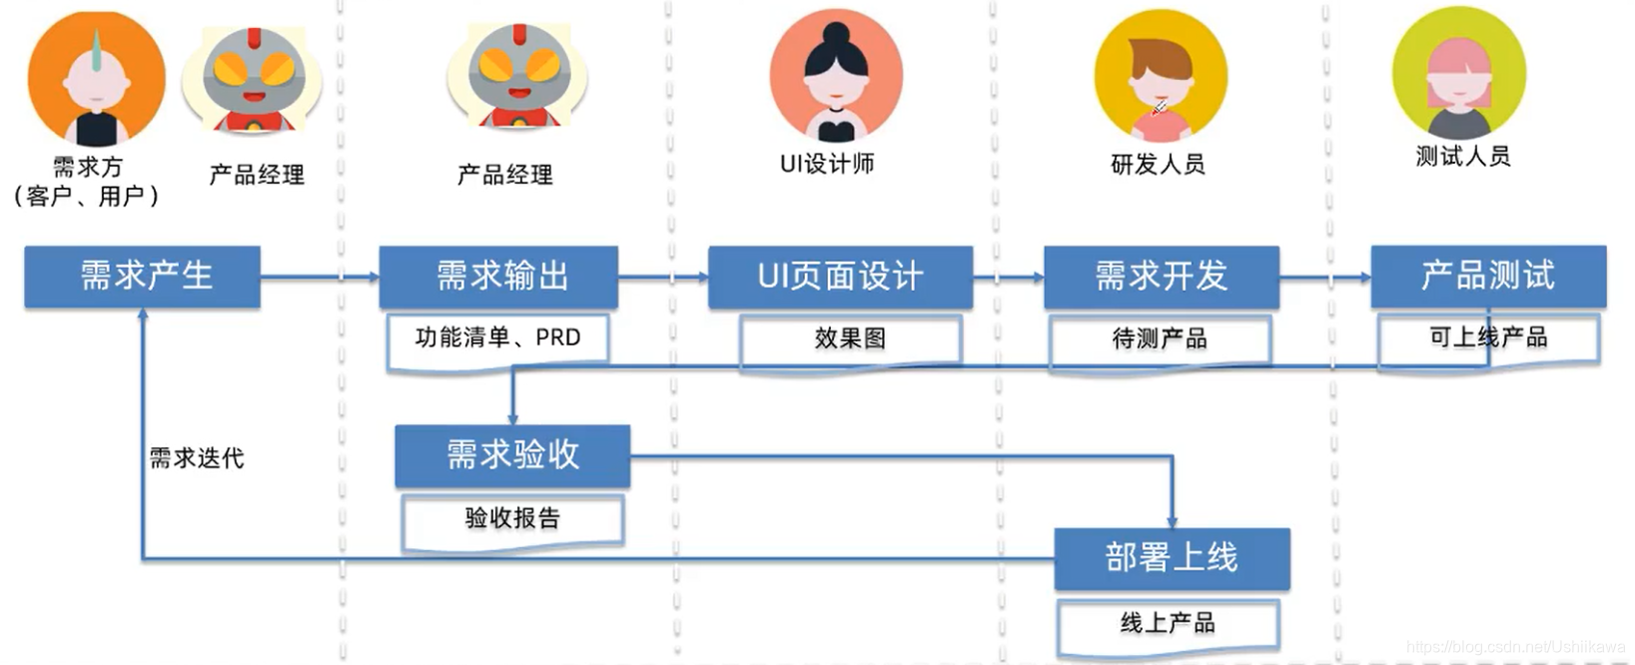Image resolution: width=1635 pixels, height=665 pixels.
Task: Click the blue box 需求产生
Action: point(142,277)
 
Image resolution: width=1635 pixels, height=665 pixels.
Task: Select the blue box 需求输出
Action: point(498,277)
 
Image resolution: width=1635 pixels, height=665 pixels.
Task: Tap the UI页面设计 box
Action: point(840,277)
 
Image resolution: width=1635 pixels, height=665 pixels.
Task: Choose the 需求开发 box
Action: point(1161,277)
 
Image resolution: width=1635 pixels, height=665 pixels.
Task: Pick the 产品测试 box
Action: point(1487,277)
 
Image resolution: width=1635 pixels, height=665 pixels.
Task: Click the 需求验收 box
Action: point(512,456)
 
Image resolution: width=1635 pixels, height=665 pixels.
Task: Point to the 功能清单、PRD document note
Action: point(497,339)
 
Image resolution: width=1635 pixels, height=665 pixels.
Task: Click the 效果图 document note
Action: point(850,339)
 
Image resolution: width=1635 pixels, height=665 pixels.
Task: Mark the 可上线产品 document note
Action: point(1488,338)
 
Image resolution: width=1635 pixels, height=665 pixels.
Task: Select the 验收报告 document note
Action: point(512,519)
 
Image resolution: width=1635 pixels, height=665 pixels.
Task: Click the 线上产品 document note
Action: point(1168,624)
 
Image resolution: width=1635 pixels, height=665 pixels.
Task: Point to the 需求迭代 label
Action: point(197,458)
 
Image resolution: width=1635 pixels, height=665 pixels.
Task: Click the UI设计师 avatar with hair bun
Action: point(835,75)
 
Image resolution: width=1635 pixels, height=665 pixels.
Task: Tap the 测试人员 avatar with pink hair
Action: point(1459,73)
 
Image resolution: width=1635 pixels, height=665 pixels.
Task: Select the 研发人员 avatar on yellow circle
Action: point(1160,76)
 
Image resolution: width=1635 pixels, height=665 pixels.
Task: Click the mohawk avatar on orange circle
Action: point(96,78)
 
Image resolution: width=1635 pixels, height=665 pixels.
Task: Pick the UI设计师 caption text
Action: point(827,164)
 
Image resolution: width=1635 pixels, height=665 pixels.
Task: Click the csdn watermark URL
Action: point(1515,648)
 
